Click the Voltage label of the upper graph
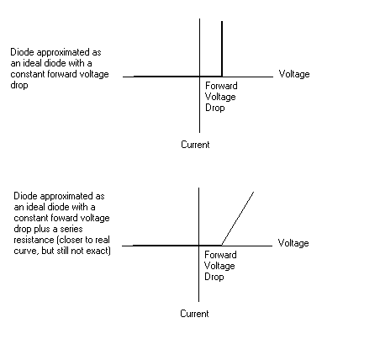(x=294, y=74)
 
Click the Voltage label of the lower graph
(x=293, y=243)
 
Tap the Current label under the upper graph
(x=195, y=145)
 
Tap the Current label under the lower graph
(x=194, y=314)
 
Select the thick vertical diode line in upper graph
(x=222, y=49)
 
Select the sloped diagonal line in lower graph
(x=238, y=219)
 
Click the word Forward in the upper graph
(x=221, y=86)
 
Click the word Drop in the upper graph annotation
(x=215, y=108)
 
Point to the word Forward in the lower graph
(x=220, y=255)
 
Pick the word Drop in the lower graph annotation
(x=214, y=277)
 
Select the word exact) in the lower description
(x=98, y=251)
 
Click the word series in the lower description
(x=71, y=229)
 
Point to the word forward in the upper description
(x=61, y=74)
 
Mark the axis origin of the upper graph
(x=199, y=77)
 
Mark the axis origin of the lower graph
(x=198, y=246)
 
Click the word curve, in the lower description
(x=26, y=251)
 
